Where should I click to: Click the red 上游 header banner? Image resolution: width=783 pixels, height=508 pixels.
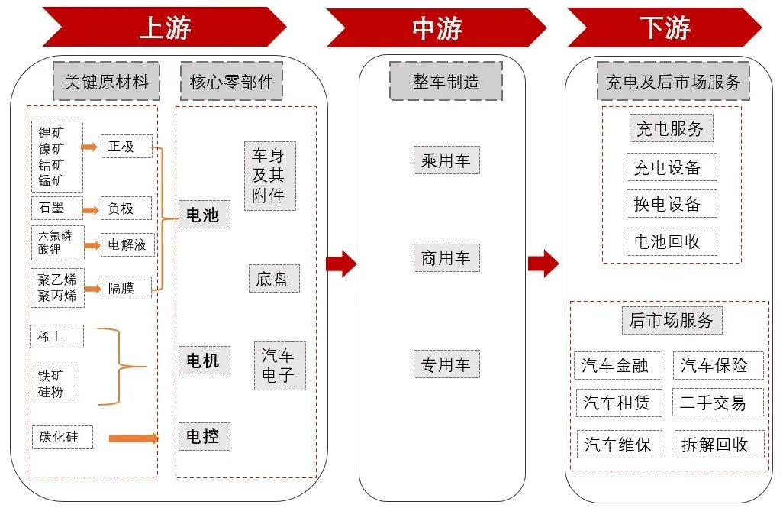(x=164, y=28)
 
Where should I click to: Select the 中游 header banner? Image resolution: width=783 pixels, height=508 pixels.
(x=437, y=28)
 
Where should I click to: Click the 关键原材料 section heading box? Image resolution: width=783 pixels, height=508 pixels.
(x=106, y=82)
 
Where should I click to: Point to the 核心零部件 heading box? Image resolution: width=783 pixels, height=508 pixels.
(x=231, y=82)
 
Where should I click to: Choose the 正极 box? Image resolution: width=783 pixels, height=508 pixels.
(x=126, y=146)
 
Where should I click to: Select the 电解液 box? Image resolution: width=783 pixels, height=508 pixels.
(x=126, y=244)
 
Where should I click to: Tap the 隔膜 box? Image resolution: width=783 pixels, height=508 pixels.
(x=126, y=287)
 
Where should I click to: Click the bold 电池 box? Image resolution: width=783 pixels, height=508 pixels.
(x=202, y=215)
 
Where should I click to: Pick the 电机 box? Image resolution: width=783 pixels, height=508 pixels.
(x=202, y=360)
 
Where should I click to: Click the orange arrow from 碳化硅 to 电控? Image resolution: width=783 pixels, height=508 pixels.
(x=134, y=438)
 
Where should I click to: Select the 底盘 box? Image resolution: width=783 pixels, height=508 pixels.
(x=272, y=279)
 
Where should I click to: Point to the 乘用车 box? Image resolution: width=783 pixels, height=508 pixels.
(x=446, y=160)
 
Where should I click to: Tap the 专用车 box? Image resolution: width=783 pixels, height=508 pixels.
(x=446, y=364)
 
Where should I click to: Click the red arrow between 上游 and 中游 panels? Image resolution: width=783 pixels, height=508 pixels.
(x=341, y=264)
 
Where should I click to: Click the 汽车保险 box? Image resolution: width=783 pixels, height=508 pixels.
(x=717, y=365)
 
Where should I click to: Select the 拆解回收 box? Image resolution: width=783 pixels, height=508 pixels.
(x=717, y=444)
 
